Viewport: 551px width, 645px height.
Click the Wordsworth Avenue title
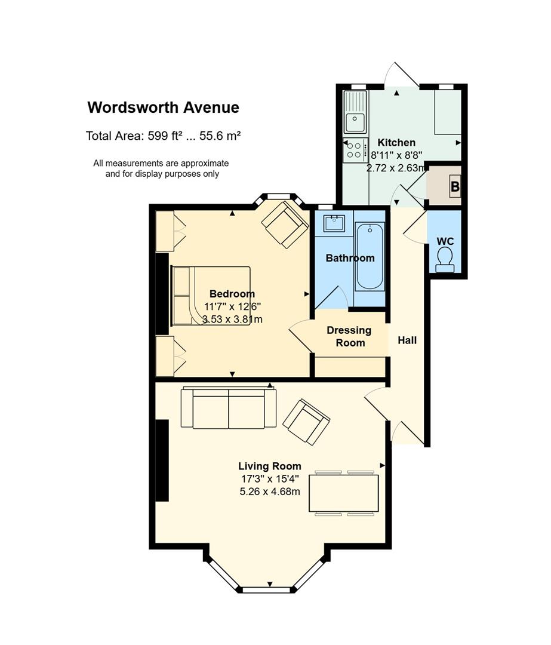tap(163, 107)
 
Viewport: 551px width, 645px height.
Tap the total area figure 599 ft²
tap(165, 136)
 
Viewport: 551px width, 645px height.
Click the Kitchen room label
tap(396, 143)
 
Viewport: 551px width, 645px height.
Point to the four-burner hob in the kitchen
tap(355, 150)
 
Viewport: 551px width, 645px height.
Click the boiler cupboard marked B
tap(444, 186)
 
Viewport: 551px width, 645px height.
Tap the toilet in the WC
tap(445, 260)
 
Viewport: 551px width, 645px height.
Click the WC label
tap(445, 241)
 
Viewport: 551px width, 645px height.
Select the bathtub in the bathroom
tap(370, 257)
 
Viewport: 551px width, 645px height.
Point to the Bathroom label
tap(350, 259)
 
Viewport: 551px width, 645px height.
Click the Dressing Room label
tap(349, 336)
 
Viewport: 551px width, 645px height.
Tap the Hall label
tap(407, 340)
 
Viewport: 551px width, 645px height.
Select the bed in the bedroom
tap(211, 296)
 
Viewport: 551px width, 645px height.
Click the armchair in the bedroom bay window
tap(285, 224)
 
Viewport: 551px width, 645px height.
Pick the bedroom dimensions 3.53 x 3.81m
tap(232, 319)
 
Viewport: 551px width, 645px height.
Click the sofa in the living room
tap(229, 408)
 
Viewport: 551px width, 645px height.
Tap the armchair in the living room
tap(306, 422)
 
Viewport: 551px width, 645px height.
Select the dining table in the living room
tap(344, 493)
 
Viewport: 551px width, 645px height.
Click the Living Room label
tap(270, 466)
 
